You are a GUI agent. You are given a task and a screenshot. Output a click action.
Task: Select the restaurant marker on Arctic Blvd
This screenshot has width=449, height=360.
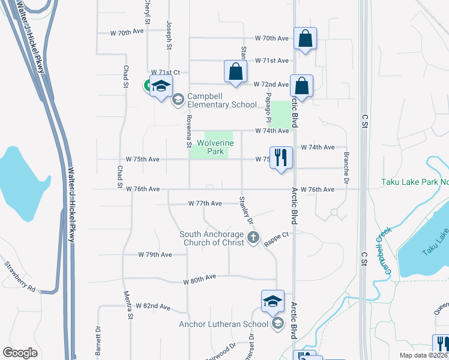281,158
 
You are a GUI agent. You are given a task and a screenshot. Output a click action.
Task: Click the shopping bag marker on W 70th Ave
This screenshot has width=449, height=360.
305,38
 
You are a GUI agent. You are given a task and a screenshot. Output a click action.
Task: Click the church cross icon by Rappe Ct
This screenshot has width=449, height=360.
253,238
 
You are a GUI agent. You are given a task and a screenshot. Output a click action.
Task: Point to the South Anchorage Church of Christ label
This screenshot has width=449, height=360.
212,238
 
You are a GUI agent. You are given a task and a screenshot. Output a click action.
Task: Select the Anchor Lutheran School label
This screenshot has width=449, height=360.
224,325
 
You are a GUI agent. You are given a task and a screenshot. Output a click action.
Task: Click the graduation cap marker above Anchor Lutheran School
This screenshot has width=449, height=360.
273,301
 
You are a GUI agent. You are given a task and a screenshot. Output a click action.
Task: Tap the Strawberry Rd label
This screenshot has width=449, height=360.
19,277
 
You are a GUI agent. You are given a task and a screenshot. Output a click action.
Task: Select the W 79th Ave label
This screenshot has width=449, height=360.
155,254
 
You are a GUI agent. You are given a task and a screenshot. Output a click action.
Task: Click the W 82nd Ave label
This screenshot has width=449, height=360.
153,305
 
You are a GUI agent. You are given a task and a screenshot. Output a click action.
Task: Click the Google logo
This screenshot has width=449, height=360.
20,353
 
